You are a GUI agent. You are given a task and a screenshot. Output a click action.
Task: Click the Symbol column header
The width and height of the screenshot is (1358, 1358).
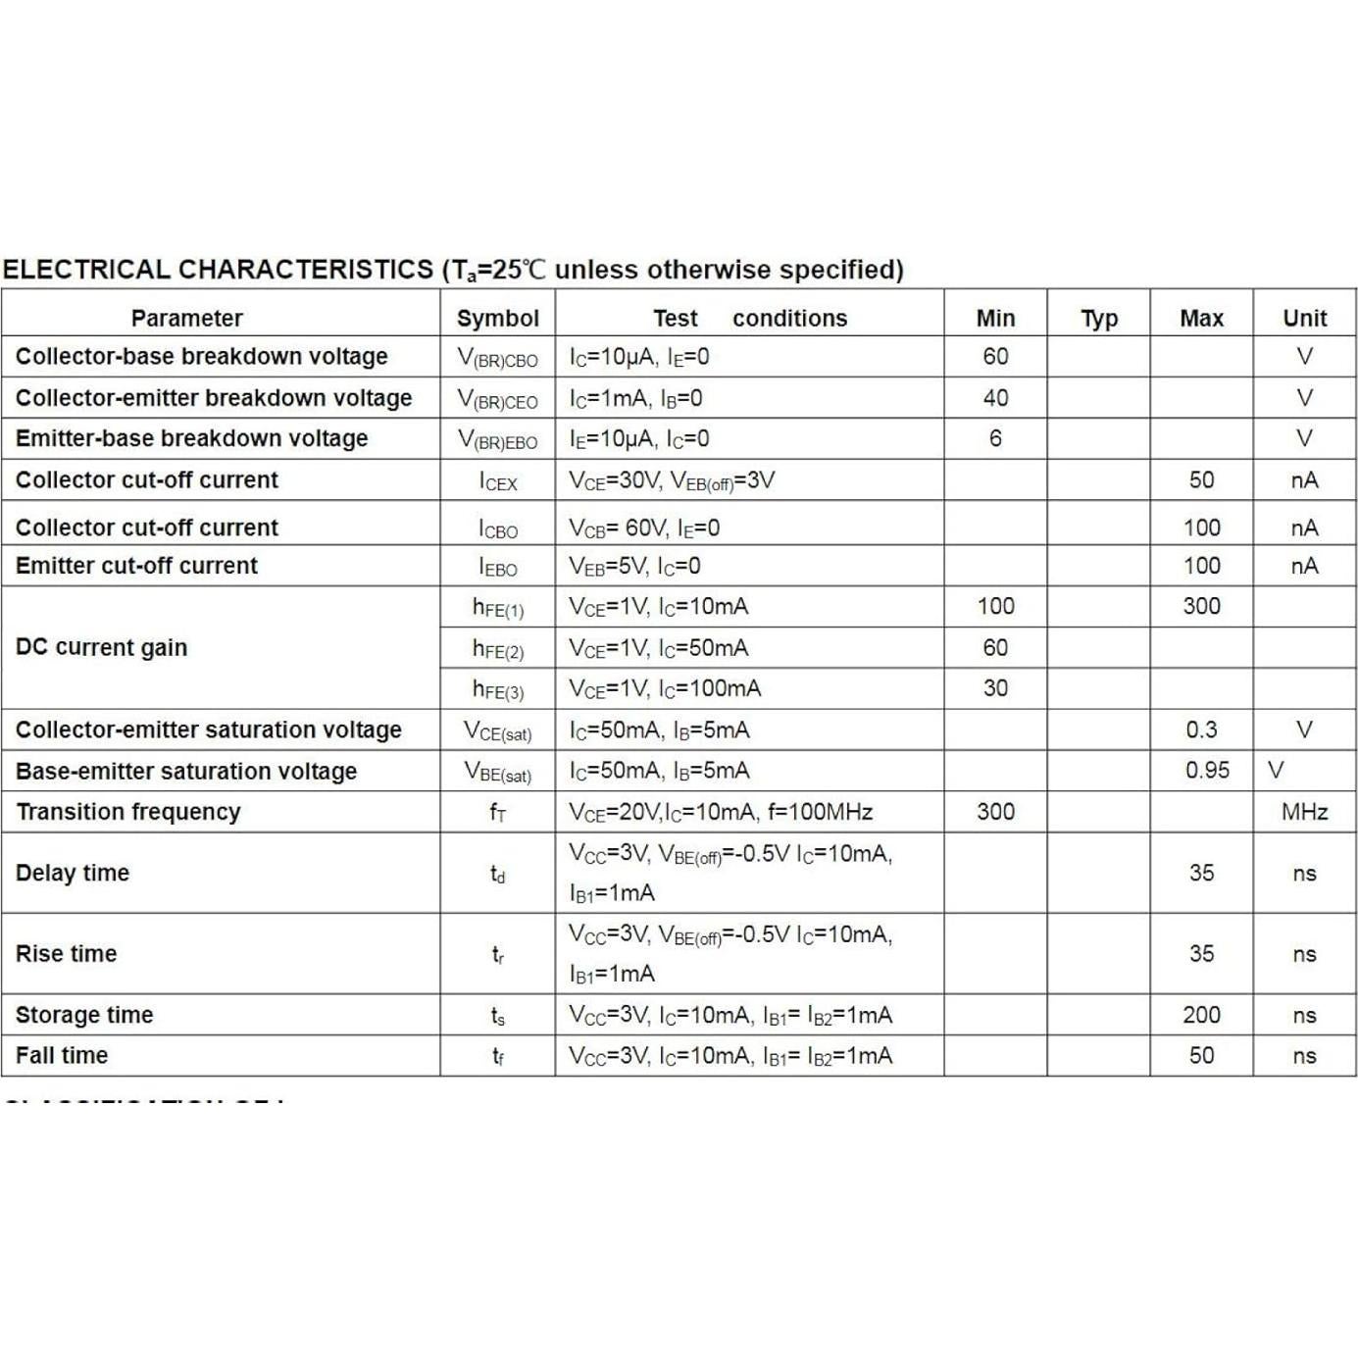(497, 319)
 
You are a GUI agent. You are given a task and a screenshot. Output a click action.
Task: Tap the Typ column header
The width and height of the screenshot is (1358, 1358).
(1098, 319)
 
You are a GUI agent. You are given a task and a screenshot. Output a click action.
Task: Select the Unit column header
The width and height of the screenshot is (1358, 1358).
(1304, 319)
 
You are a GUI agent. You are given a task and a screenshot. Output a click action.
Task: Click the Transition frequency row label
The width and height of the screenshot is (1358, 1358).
(128, 812)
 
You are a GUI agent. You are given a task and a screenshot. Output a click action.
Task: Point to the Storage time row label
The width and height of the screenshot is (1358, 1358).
(84, 1015)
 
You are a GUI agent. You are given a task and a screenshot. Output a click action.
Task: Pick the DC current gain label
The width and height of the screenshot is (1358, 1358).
(101, 647)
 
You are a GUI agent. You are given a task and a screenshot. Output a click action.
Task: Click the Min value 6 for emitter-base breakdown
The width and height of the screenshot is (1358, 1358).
(995, 438)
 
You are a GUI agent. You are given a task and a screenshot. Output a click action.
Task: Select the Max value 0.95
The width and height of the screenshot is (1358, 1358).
(1207, 771)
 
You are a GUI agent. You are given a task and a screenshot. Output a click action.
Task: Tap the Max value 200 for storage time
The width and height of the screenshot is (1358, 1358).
(1201, 1015)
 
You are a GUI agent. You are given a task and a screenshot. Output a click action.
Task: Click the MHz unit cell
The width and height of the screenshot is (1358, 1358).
(1304, 812)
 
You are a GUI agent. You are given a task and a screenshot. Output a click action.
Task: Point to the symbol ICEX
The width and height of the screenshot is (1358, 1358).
(497, 481)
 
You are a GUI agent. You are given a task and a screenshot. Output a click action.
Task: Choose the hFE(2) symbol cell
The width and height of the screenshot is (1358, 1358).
(497, 649)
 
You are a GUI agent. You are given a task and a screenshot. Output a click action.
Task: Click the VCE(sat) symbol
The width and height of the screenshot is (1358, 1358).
(497, 731)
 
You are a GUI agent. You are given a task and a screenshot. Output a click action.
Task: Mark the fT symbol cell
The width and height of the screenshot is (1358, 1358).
(497, 813)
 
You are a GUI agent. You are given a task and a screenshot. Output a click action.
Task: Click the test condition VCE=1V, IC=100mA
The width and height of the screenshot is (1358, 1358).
(665, 689)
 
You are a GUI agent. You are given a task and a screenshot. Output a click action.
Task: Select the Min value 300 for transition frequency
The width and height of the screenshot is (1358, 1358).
(995, 812)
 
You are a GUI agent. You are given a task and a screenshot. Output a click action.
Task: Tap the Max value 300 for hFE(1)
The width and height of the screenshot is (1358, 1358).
(1201, 606)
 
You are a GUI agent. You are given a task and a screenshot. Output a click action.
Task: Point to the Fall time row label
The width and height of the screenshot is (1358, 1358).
(62, 1056)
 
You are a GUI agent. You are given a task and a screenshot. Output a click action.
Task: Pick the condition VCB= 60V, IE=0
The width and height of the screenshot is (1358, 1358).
(644, 528)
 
